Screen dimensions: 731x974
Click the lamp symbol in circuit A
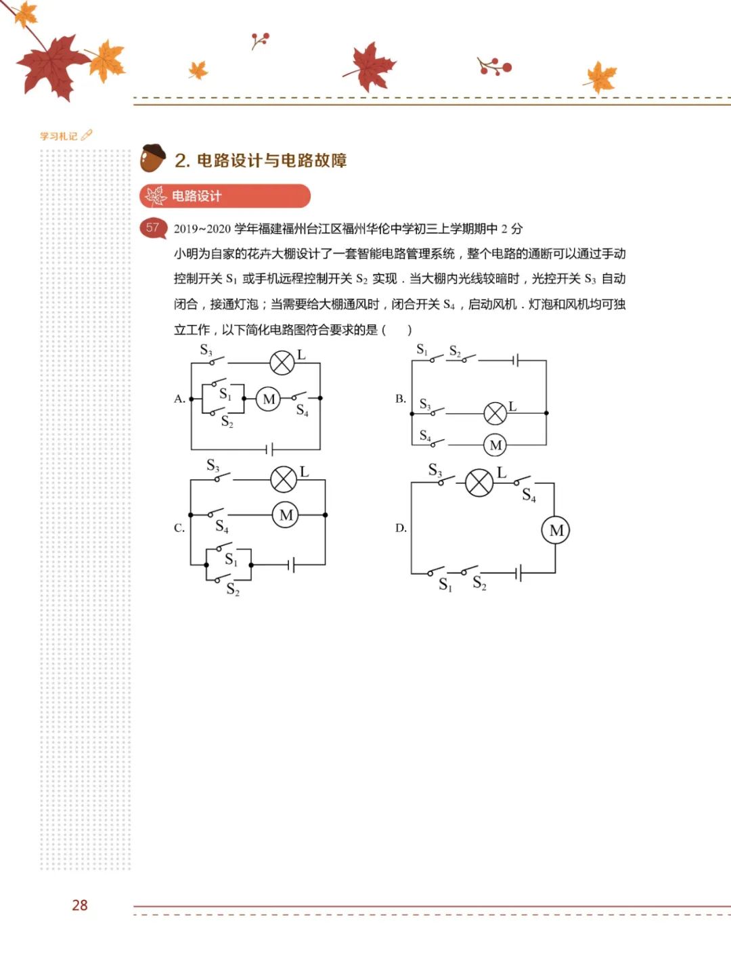(282, 363)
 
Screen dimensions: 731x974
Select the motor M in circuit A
(268, 399)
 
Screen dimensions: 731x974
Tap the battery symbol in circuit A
(269, 450)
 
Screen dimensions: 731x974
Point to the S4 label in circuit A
(302, 410)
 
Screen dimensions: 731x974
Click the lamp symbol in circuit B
(495, 414)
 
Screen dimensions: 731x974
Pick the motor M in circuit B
(495, 445)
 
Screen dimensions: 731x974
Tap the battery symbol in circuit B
(516, 360)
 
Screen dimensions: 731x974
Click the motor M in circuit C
(285, 514)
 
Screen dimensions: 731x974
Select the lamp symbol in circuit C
(284, 479)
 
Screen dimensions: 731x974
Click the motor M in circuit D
(555, 530)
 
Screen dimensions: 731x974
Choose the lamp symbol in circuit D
(479, 483)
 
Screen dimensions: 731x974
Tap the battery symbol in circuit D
(518, 573)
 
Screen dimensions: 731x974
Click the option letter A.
(179, 399)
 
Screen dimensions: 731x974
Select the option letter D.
(401, 528)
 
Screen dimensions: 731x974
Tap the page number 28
(80, 905)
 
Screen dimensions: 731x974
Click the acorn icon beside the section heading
(152, 158)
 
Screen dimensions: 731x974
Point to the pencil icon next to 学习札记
(87, 135)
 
